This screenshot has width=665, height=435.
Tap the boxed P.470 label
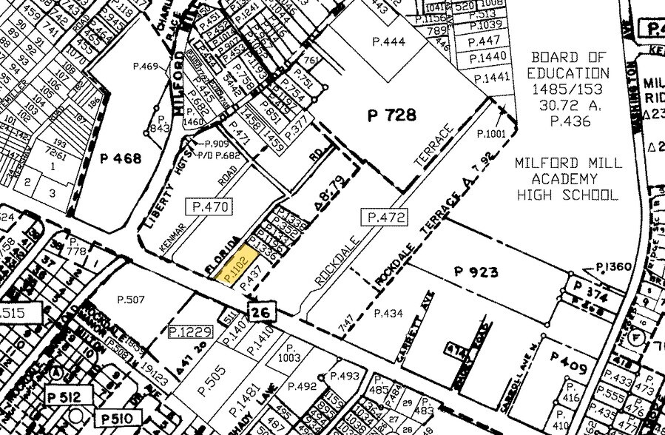point(209,206)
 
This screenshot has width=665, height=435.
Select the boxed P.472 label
point(385,217)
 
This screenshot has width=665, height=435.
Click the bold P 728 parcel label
point(392,115)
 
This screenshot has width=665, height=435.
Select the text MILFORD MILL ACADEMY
point(567,171)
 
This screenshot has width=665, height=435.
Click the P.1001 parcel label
point(491,134)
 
